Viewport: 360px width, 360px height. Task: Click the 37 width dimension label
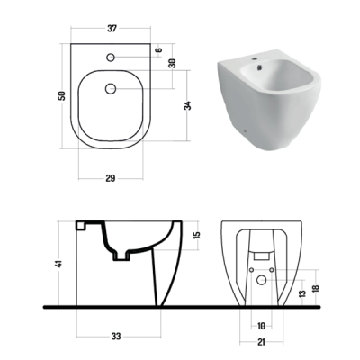point(112,29)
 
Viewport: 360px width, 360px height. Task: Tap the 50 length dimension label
point(62,96)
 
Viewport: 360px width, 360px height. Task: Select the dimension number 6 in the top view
point(159,49)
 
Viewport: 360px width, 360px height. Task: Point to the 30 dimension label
point(172,63)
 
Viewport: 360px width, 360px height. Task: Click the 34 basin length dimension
point(187,106)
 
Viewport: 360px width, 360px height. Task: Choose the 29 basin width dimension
point(111,178)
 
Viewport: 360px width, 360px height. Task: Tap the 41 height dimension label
point(59,264)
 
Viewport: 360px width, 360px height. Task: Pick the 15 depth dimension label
point(197,236)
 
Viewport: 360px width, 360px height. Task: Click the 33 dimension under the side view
point(116,337)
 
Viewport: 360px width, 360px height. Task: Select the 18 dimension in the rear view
point(315,289)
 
